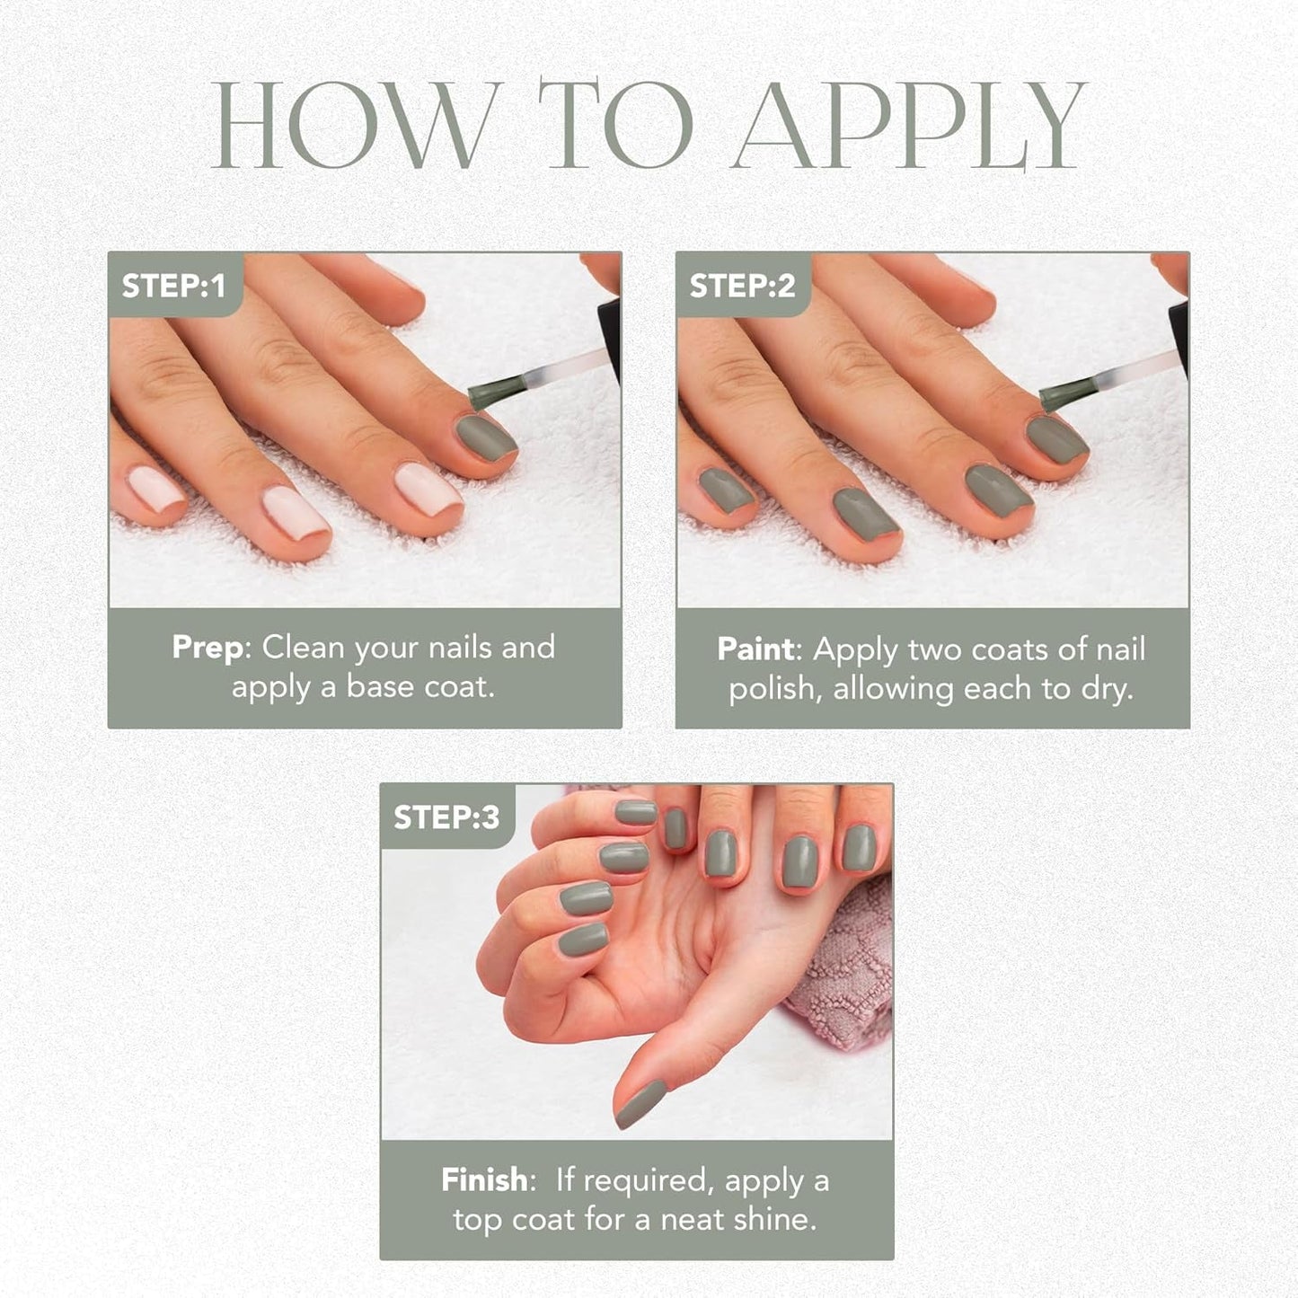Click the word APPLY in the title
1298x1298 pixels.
click(909, 126)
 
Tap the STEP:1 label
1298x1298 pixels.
click(173, 286)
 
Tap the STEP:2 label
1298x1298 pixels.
click(742, 286)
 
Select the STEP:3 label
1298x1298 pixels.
click(446, 817)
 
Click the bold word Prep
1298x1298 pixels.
click(208, 648)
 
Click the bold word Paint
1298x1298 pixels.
click(755, 649)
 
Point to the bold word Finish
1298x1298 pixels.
click(484, 1180)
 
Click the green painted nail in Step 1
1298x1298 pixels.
click(485, 437)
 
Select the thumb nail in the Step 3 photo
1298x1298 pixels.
click(640, 1104)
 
